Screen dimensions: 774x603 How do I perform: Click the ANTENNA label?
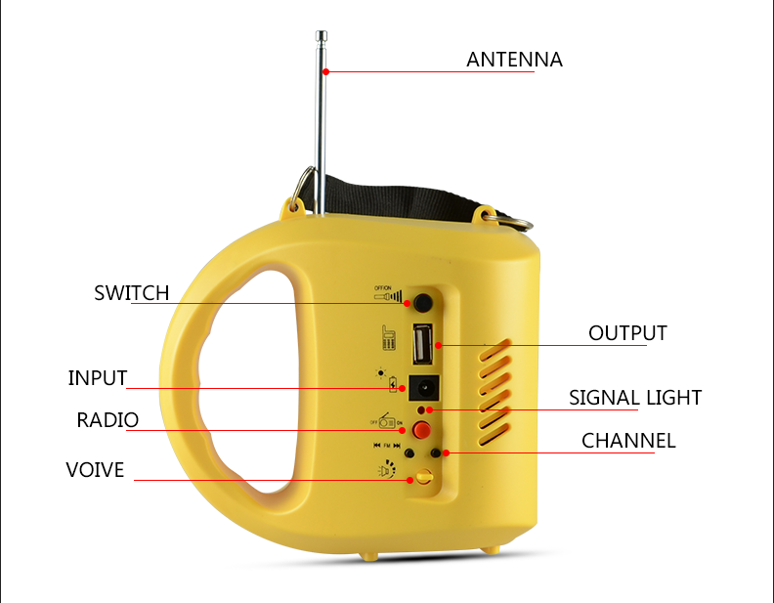514,60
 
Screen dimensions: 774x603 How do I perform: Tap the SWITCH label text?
131,293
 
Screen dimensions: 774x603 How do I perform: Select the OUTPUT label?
627,333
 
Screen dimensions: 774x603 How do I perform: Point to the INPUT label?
98,378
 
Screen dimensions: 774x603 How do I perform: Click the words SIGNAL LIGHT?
635,398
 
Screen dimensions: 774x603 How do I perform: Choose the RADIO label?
107,420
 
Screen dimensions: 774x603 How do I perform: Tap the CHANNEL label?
627,441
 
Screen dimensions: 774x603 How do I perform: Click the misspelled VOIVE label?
95,470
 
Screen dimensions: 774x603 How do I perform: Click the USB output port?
423,343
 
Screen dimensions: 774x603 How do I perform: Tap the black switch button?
423,303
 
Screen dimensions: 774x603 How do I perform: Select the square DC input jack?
423,388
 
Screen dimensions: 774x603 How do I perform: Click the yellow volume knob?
424,477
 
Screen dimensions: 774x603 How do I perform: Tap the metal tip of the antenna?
322,36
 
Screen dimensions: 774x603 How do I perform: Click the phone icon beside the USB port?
389,338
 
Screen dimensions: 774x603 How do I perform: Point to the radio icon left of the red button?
386,421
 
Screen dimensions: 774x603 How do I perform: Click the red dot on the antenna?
325,72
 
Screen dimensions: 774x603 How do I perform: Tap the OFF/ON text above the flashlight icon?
382,287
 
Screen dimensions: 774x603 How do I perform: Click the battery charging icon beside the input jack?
393,384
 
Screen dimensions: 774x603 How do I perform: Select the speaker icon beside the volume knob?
387,469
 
